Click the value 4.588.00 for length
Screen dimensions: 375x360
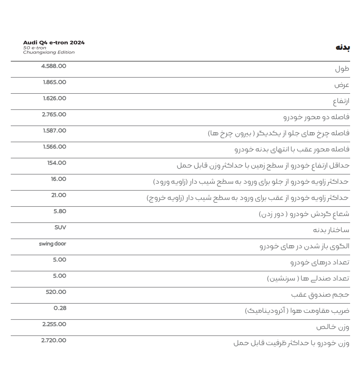pyautogui.click(x=53, y=66)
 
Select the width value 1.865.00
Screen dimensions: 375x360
pyautogui.click(x=54, y=83)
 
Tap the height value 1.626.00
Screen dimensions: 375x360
pyautogui.click(x=54, y=99)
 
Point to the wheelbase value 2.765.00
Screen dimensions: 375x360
pyautogui.click(x=54, y=115)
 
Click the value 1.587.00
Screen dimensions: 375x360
pyautogui.click(x=54, y=131)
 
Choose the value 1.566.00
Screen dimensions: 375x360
pyautogui.click(x=54, y=147)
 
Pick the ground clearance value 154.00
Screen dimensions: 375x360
pyautogui.click(x=56, y=163)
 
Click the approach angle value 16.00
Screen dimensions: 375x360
pyautogui.click(x=58, y=179)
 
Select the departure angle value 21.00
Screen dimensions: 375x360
pyautogui.click(x=58, y=196)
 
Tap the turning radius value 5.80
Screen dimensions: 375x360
pyautogui.click(x=59, y=212)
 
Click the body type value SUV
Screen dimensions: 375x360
pyautogui.click(x=60, y=228)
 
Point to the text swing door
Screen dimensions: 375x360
pyautogui.click(x=52, y=244)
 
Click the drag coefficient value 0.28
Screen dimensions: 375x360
pyautogui.click(x=60, y=309)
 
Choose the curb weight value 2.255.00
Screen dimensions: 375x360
pyautogui.click(x=54, y=325)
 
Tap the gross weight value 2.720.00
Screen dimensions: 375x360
pyautogui.click(x=53, y=341)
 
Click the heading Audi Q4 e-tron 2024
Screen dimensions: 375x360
pyautogui.click(x=54, y=43)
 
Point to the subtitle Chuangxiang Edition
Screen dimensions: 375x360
pyautogui.click(x=49, y=52)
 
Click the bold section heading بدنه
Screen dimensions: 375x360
pyautogui.click(x=343, y=48)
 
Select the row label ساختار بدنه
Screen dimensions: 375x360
pyautogui.click(x=331, y=230)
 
